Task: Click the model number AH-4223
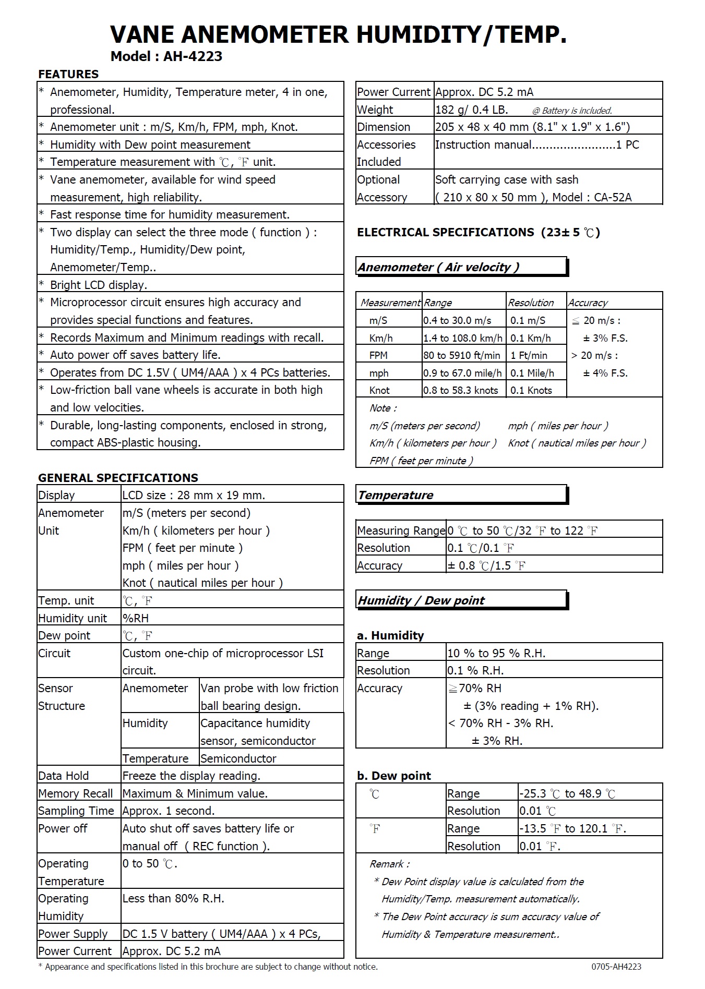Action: (193, 56)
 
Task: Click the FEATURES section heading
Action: (68, 74)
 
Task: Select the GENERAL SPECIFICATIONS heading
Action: (118, 478)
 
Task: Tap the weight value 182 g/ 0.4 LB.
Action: (471, 110)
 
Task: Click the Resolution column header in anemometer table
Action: (531, 303)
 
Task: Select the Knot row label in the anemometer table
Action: (379, 391)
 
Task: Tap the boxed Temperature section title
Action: (396, 496)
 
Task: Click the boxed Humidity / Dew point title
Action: (421, 600)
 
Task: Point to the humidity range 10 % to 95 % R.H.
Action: (496, 654)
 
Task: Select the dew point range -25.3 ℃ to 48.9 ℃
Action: (567, 794)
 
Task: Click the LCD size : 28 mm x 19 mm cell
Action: (194, 496)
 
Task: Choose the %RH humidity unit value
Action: (136, 619)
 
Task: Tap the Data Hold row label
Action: (64, 776)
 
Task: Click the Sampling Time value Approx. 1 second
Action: (169, 811)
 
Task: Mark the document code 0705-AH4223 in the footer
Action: (616, 967)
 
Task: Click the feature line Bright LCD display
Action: (99, 285)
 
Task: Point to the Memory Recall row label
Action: (76, 794)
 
